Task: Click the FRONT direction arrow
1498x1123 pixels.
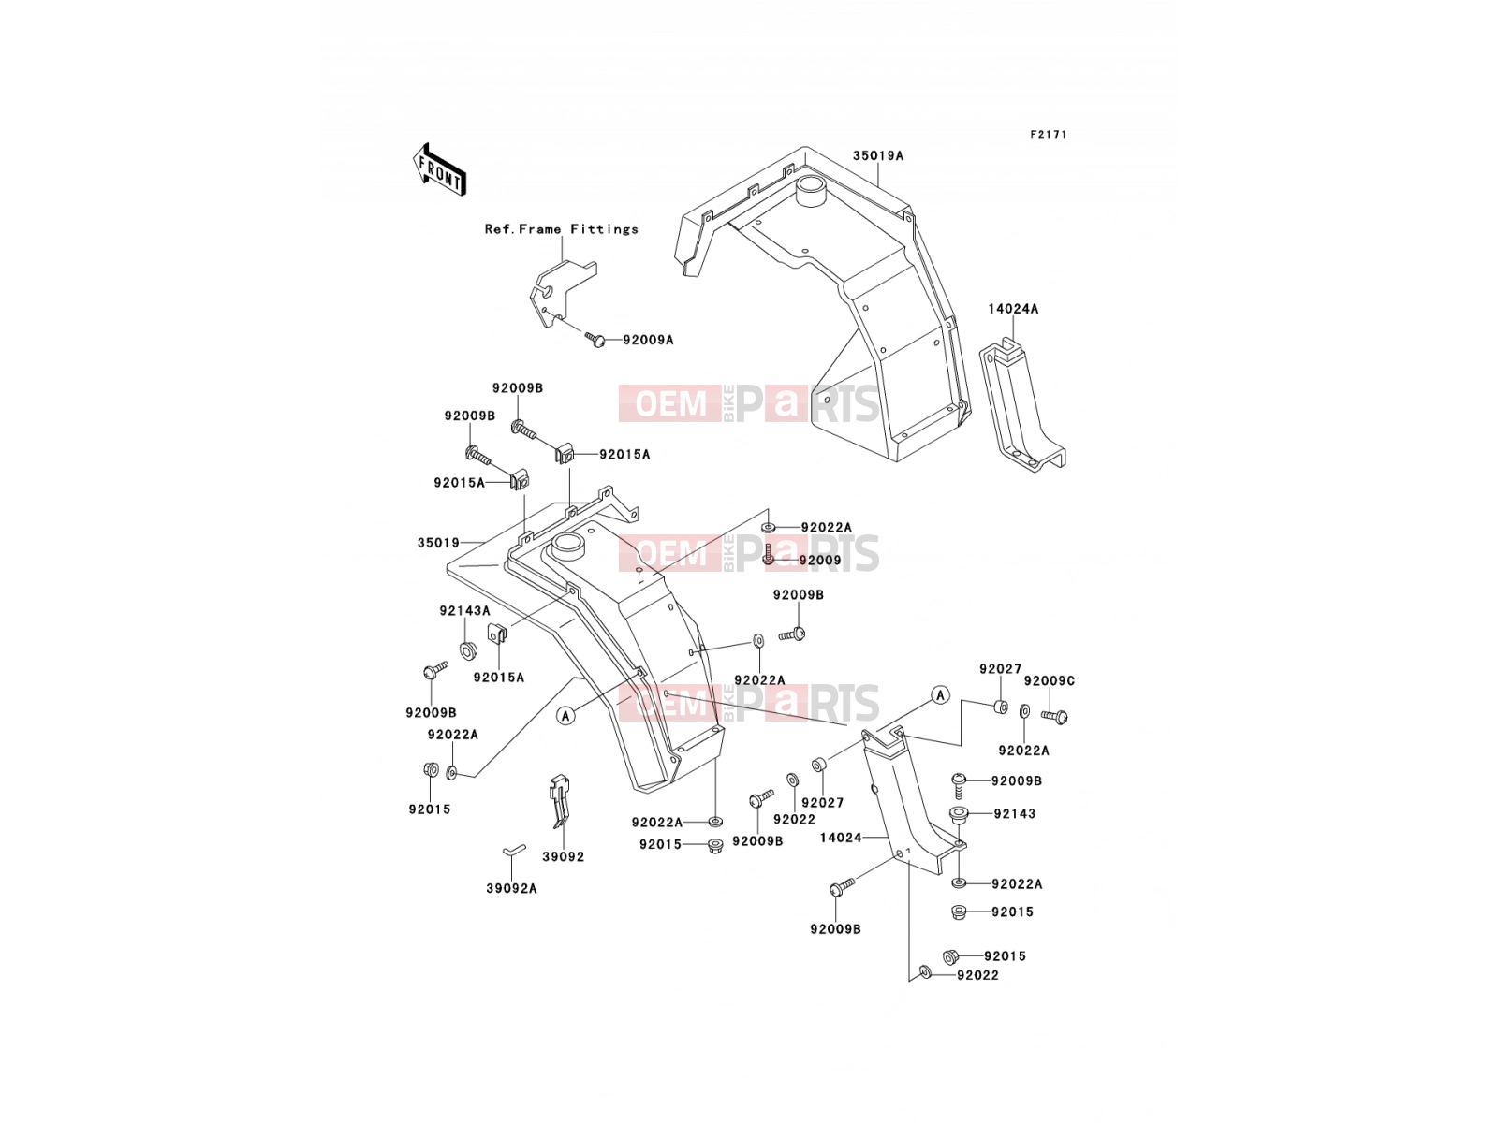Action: coord(439,170)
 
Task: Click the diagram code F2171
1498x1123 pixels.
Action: coord(1048,135)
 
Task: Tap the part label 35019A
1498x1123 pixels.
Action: coord(877,155)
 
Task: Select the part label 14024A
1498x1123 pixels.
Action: coord(1013,309)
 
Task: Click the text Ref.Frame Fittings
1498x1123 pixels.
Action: coord(561,229)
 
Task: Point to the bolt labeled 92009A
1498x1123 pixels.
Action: coord(595,339)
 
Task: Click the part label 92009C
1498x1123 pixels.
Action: coord(1049,680)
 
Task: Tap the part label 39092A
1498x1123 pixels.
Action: coord(511,888)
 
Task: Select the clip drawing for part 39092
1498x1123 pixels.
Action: coord(560,800)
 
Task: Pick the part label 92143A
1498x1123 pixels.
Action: coord(464,611)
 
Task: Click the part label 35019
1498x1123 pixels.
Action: coord(438,543)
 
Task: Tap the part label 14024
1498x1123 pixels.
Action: coord(841,838)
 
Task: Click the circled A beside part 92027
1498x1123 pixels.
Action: coord(940,694)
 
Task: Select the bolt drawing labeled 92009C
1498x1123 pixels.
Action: coord(1054,716)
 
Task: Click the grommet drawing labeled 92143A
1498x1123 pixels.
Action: coord(467,649)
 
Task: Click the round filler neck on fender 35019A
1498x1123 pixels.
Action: coord(812,191)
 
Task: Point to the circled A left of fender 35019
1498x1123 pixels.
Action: coord(565,715)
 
